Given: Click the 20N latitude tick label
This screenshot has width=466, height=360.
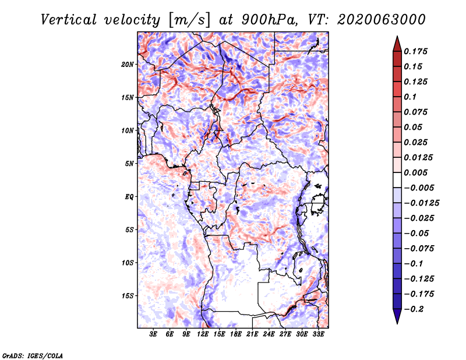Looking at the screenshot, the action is (x=127, y=64).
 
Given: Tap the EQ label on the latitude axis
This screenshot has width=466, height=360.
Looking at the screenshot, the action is (x=129, y=197).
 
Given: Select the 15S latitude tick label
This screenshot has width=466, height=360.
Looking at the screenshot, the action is (x=128, y=296).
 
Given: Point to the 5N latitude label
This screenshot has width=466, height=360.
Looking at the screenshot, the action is (x=129, y=164).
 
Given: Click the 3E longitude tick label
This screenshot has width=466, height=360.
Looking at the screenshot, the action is (x=153, y=334).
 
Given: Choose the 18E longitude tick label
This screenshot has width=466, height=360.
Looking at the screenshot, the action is (x=236, y=334).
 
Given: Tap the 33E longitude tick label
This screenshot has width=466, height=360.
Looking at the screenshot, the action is (x=318, y=334).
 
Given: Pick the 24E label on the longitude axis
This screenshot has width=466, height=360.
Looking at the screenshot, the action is (x=269, y=334).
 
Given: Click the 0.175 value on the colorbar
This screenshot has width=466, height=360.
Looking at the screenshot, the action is (x=415, y=51).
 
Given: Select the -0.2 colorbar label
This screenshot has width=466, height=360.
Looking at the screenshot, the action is (x=414, y=309).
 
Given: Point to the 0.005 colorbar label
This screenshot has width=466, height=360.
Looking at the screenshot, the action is (x=415, y=172).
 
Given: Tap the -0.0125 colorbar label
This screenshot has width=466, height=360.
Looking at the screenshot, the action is (x=421, y=203).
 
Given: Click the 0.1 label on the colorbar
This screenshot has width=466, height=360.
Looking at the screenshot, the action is (x=410, y=97).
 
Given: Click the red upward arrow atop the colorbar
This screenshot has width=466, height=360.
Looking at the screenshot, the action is (x=397, y=44).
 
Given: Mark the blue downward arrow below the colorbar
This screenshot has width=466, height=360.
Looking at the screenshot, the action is (x=397, y=316).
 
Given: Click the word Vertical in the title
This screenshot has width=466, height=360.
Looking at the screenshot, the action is (x=69, y=20).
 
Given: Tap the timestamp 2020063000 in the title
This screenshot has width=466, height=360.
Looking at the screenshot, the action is (x=382, y=20).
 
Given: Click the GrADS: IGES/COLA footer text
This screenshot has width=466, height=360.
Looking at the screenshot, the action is (x=33, y=355).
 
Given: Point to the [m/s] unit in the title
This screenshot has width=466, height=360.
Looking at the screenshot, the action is (x=189, y=20).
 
